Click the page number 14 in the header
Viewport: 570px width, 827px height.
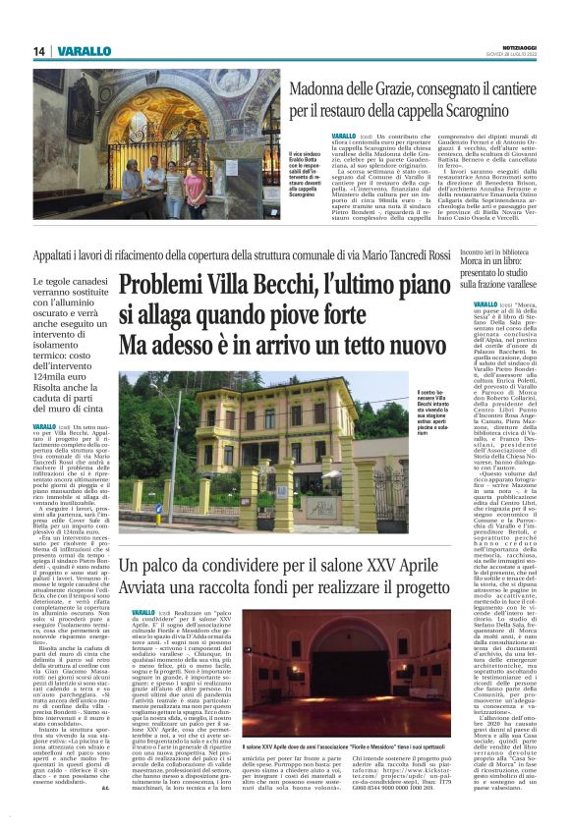pyautogui.click(x=39, y=51)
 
